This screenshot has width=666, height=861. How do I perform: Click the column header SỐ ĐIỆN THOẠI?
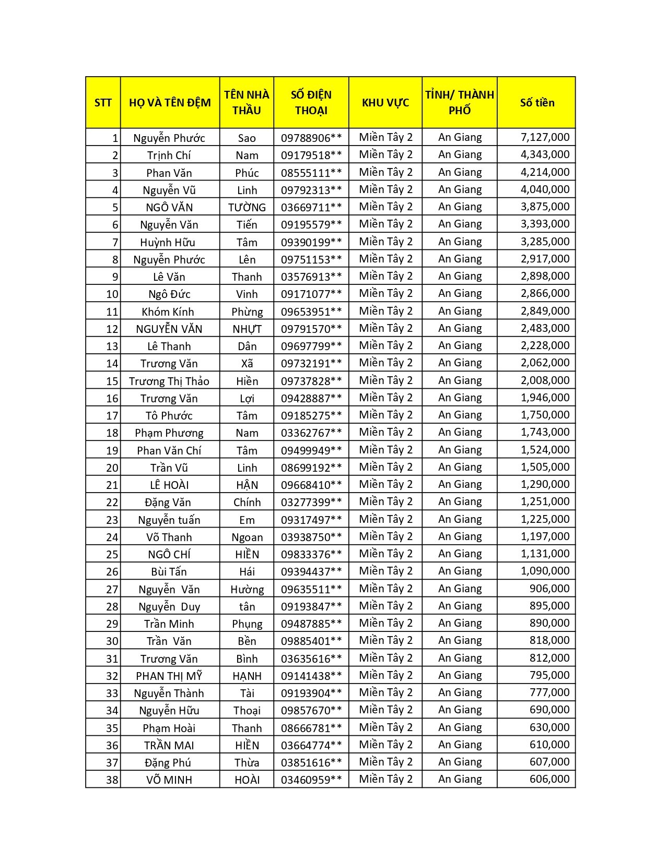[311, 102]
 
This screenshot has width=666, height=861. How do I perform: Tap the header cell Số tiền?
[536, 102]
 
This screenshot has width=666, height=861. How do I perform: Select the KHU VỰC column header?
[385, 102]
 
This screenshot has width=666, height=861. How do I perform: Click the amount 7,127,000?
[545, 137]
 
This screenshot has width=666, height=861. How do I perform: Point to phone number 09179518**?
[311, 155]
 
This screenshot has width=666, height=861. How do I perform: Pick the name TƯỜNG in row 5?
[247, 207]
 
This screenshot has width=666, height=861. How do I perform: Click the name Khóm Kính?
[168, 312]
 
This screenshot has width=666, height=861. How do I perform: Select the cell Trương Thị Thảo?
[169, 381]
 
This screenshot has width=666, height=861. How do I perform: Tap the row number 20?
[112, 468]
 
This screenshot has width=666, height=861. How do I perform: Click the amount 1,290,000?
[545, 484]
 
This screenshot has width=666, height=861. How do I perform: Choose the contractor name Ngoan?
[247, 537]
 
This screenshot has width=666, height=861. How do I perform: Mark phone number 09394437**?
[311, 571]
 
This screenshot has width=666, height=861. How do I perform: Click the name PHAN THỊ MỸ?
[169, 676]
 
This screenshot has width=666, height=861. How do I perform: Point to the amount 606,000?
[549, 779]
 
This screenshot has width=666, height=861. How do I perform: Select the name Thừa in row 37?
[247, 762]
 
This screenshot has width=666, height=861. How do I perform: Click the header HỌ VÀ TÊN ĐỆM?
[170, 102]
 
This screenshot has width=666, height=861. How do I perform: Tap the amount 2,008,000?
[545, 380]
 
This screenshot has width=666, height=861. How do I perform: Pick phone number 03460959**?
[311, 780]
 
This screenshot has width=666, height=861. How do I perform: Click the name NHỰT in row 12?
[247, 329]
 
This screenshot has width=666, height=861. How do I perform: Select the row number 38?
[112, 780]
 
